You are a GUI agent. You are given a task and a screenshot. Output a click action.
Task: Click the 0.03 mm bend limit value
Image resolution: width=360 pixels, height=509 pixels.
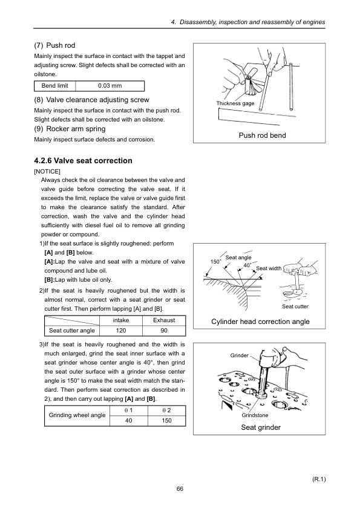pos(110,86)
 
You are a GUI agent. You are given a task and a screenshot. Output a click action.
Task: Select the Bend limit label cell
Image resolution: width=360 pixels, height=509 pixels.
pos(55,86)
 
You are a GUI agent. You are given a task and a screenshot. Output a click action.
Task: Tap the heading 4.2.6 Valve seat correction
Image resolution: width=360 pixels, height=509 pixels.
pos(83,161)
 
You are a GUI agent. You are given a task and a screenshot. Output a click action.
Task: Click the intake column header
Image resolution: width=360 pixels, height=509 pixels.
pos(121,320)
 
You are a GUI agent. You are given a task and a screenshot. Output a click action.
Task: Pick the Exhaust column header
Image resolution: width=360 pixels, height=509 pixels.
pos(164,320)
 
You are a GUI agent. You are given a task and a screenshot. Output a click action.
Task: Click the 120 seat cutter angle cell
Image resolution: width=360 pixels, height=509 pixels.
pos(121,331)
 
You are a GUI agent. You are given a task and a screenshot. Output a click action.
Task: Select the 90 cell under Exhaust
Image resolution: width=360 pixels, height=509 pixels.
pos(164,331)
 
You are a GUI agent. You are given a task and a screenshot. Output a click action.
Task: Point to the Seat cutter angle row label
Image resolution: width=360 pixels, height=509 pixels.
pos(72,331)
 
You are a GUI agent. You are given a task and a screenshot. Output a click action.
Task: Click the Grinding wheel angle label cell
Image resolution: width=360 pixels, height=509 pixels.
pos(77,415)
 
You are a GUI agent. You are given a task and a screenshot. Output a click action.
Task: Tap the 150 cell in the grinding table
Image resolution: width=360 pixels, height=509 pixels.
pos(166,421)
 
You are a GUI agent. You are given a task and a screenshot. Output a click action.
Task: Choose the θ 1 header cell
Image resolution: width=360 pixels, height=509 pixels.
pos(129,410)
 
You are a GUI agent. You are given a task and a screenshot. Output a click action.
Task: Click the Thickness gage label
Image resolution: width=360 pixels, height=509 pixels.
pos(235,103)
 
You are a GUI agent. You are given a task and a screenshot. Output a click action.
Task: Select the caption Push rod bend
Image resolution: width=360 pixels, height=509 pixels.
pos(262,135)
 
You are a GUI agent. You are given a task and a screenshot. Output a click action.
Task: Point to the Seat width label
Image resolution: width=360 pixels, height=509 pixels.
pos(269,268)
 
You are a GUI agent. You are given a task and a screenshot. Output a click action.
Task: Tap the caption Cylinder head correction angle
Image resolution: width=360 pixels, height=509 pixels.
pos(260,322)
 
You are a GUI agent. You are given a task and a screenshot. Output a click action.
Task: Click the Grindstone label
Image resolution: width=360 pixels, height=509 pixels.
pos(255,415)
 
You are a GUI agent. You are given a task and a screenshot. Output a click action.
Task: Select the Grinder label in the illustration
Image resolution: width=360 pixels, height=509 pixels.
pos(240,355)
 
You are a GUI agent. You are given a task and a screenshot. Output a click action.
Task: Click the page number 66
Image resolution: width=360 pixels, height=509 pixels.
pos(180,489)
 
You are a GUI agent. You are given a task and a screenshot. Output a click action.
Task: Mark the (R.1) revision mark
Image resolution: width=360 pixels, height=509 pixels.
pos(319,479)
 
